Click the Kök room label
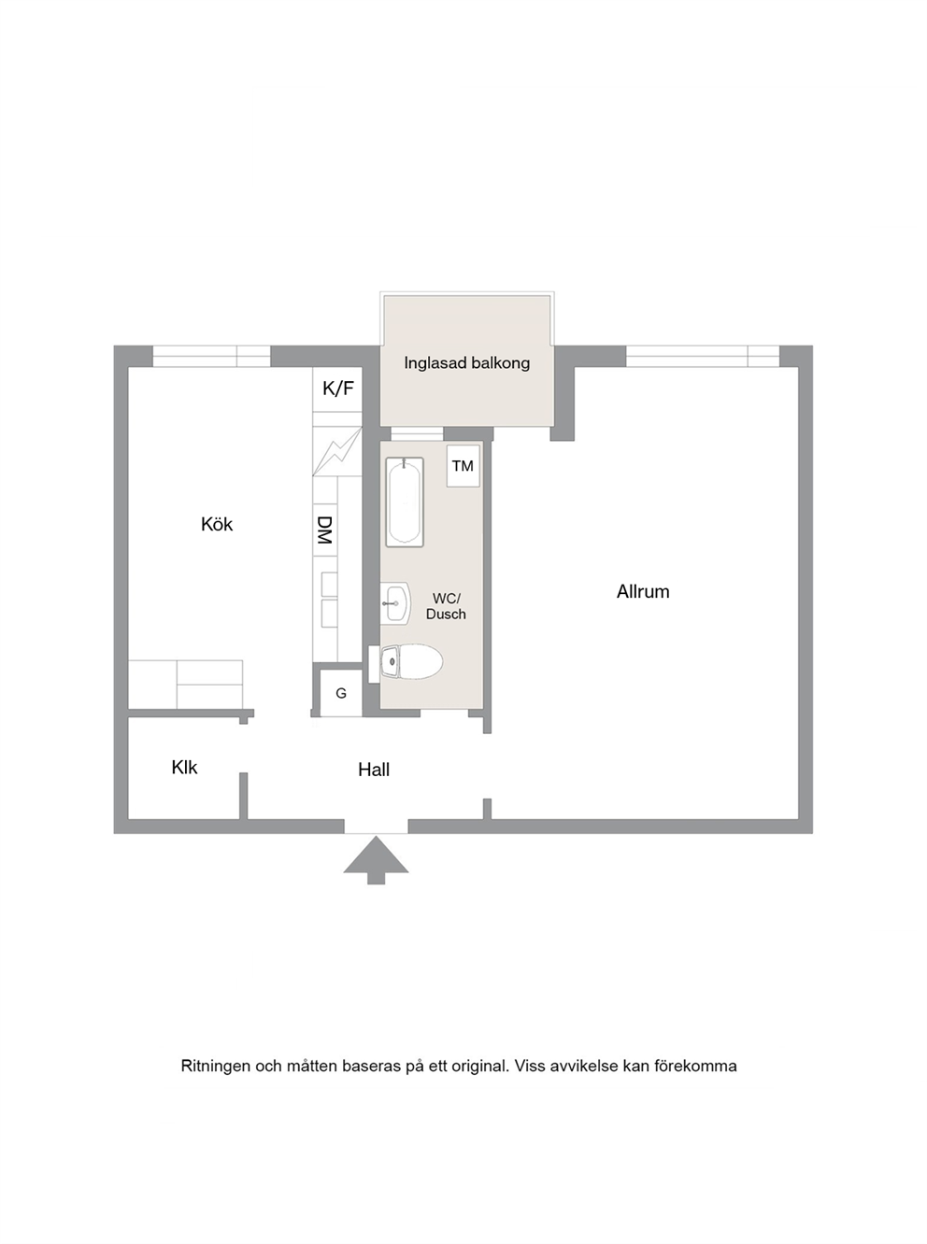click(x=217, y=525)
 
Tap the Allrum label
click(x=643, y=592)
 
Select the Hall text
click(x=374, y=770)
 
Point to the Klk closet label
click(x=184, y=768)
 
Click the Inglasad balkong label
click(x=467, y=363)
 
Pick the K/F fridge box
click(x=337, y=389)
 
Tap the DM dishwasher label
click(x=325, y=530)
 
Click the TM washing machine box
click(x=463, y=465)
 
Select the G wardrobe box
click(x=341, y=693)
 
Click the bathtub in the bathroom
click(x=405, y=502)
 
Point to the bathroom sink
click(x=395, y=603)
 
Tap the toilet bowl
click(x=411, y=662)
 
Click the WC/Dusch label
click(x=446, y=606)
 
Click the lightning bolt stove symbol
click(x=337, y=451)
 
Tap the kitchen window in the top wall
click(x=211, y=356)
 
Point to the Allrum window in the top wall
click(x=703, y=356)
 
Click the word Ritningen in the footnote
click(x=215, y=1067)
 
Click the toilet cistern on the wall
click(x=374, y=664)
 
